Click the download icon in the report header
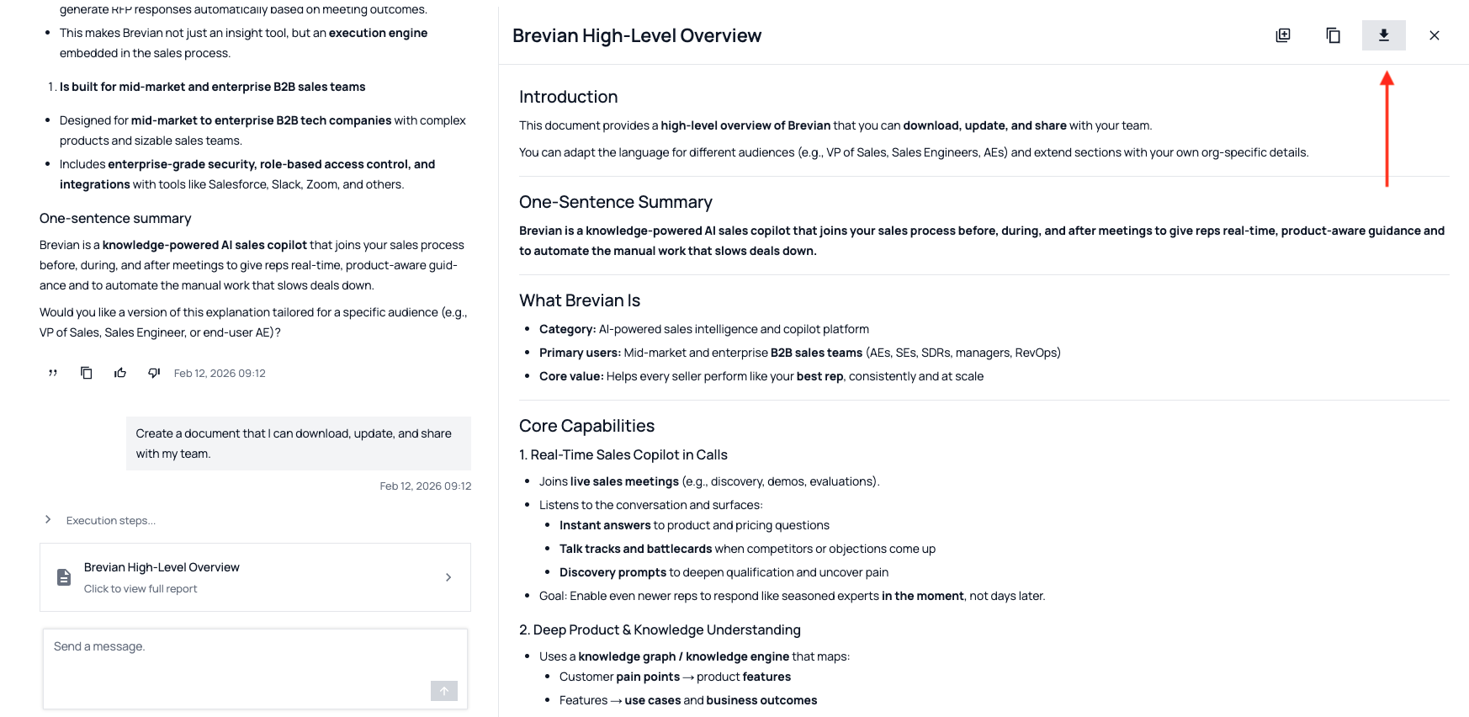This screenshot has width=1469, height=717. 1383,35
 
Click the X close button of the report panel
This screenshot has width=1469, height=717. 1434,35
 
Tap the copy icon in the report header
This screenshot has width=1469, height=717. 1333,35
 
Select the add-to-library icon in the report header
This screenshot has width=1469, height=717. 1282,35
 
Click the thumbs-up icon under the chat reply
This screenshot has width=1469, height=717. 120,373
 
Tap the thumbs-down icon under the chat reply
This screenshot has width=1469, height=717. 154,373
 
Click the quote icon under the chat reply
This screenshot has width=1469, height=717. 53,373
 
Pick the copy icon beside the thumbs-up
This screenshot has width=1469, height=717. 87,373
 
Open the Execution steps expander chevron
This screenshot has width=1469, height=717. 48,520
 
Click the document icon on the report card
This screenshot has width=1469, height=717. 64,577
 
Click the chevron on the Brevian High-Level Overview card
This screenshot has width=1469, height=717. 448,577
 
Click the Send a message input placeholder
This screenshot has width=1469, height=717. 99,646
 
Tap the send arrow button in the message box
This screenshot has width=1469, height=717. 443,691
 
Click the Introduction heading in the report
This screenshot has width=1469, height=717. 568,97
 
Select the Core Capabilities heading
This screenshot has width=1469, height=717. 586,426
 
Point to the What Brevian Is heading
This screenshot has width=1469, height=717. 580,300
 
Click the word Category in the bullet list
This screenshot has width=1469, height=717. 566,329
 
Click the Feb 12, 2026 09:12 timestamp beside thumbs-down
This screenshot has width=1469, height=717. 220,374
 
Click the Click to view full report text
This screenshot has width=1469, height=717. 141,589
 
